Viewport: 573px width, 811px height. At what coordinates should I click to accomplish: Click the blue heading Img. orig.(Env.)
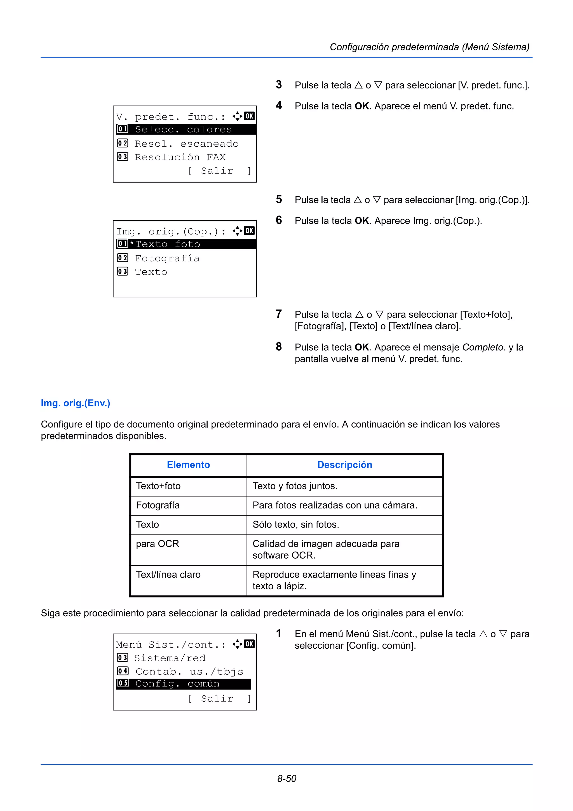76,403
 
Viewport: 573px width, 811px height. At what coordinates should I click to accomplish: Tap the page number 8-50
286,779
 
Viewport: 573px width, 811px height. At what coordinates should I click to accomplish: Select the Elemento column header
188,465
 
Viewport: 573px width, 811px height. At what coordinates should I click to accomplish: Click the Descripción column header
345,465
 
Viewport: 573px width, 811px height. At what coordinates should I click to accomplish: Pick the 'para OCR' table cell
158,544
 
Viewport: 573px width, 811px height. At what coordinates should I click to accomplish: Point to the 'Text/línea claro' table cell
168,575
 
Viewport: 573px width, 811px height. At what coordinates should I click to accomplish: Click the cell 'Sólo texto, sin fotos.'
296,524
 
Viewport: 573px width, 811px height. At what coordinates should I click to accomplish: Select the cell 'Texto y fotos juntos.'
295,486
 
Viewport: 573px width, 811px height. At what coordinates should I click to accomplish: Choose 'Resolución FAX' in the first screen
180,157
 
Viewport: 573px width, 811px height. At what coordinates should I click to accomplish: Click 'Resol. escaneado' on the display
186,144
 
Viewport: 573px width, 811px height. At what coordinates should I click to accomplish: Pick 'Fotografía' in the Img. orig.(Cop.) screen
167,259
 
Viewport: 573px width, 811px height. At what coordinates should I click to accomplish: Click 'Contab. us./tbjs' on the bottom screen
189,671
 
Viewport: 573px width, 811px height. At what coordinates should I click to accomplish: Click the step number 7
279,314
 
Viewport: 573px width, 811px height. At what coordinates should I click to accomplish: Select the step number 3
279,85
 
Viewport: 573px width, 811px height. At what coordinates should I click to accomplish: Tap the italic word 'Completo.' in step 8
484,347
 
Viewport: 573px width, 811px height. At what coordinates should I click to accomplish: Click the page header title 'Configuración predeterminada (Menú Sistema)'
429,47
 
